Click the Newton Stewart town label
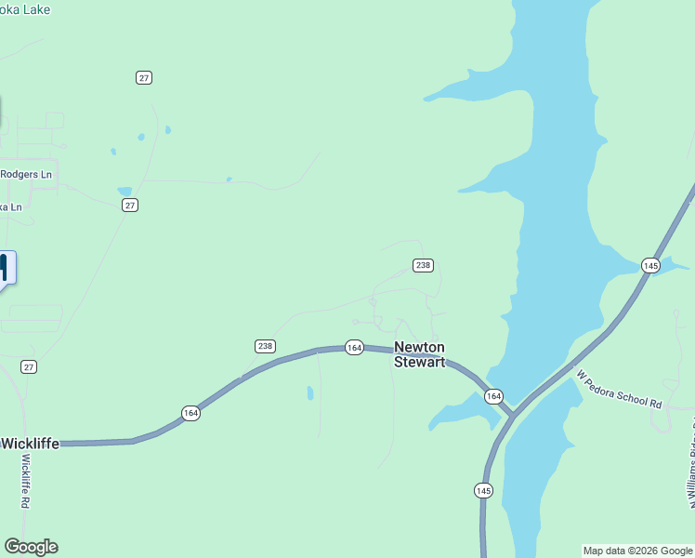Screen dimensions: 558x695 (419, 354)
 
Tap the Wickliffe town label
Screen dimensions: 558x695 (31, 444)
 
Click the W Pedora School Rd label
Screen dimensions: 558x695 (619, 390)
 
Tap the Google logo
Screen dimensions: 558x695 (31, 547)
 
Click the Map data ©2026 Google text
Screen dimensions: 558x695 (638, 551)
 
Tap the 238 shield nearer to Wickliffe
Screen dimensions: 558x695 (265, 346)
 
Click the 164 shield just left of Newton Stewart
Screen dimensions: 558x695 (354, 347)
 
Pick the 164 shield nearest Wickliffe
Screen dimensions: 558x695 (190, 413)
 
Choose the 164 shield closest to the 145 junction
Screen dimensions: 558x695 (493, 396)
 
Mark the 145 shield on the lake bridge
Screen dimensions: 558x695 (650, 266)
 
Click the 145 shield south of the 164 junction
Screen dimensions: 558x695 (483, 490)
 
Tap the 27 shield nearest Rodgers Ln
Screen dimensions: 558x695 (130, 205)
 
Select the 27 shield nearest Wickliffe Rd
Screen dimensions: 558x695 (29, 367)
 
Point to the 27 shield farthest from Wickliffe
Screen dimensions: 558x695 (143, 77)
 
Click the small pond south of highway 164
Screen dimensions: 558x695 (310, 393)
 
